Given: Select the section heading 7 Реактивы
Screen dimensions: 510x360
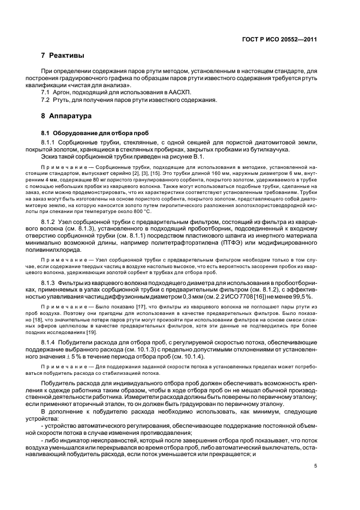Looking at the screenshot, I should [x=63, y=56].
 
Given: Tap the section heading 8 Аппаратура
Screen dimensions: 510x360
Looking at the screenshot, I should [x=67, y=116].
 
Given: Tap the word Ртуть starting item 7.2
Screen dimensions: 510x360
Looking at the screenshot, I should [x=62, y=100].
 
